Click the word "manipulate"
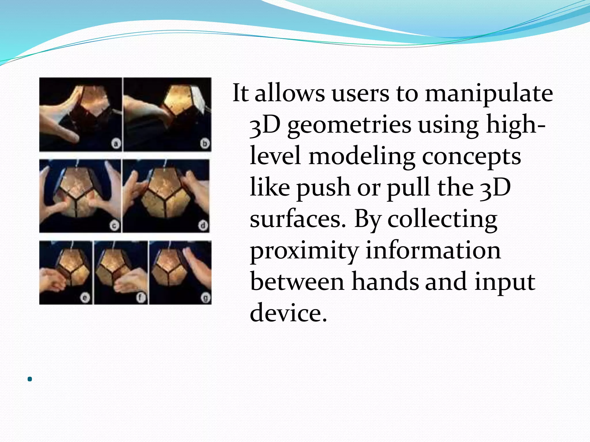[489, 94]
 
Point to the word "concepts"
[471, 157]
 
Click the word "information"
[433, 250]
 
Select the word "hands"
[385, 282]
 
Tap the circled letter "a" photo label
[116, 143]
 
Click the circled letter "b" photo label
[205, 143]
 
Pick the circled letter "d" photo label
[203, 225]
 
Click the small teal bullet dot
[30, 379]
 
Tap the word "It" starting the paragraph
[240, 93]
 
